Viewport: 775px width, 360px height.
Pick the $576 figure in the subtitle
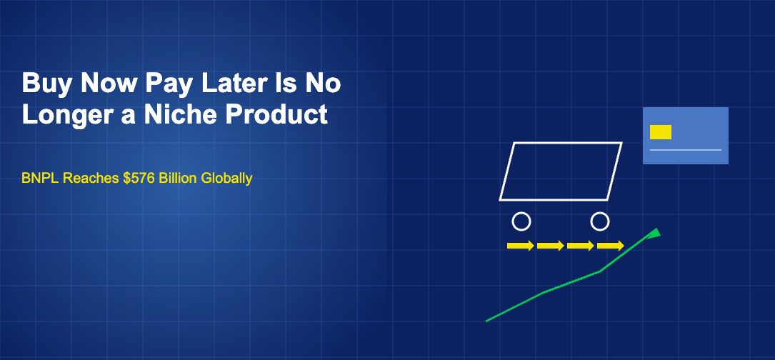137,178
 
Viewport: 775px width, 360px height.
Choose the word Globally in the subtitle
226,178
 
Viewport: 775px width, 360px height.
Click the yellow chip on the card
661,132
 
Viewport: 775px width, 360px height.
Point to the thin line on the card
686,150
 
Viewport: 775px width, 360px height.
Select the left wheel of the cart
521,221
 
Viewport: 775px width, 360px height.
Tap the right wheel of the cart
600,221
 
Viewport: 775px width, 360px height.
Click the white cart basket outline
561,171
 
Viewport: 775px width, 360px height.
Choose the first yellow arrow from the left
520,246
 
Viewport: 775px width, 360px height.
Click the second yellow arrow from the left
550,246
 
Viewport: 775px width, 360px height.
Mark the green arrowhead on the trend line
654,233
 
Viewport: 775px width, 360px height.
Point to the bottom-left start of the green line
487,321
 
